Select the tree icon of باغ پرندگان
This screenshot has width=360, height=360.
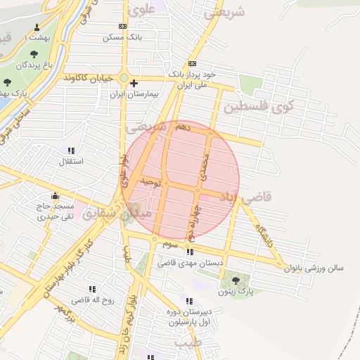pyautogui.click(x=34, y=53)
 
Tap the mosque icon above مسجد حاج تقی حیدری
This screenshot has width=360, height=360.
pyautogui.click(x=55, y=196)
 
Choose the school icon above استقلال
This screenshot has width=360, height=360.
pyautogui.click(x=71, y=150)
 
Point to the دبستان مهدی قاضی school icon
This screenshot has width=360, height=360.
pyautogui.click(x=190, y=252)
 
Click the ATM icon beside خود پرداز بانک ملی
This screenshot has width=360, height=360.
pyautogui.click(x=192, y=63)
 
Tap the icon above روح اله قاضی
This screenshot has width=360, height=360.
pyautogui.click(x=92, y=289)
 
